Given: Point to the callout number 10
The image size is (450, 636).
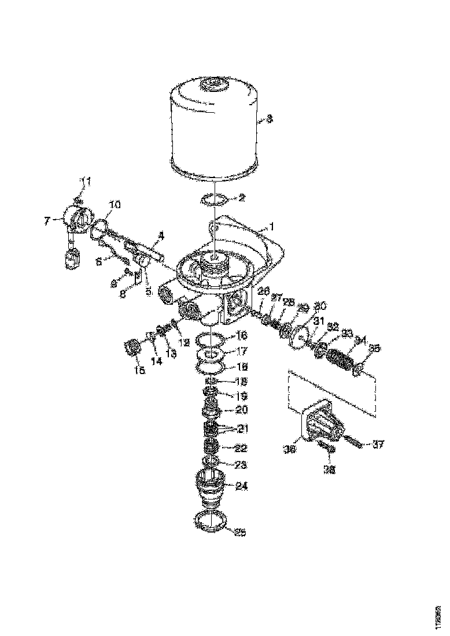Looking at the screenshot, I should [115, 205].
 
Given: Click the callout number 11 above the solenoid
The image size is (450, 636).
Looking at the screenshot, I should [86, 183].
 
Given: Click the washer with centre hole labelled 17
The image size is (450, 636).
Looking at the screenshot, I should [213, 354].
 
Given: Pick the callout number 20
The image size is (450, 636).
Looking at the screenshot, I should [241, 410].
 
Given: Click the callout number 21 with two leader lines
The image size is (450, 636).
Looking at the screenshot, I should [241, 428].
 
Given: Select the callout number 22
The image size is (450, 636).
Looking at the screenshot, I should [241, 448].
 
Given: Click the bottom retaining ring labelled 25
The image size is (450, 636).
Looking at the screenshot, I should [212, 523].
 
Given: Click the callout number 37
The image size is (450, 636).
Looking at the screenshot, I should [378, 445].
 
